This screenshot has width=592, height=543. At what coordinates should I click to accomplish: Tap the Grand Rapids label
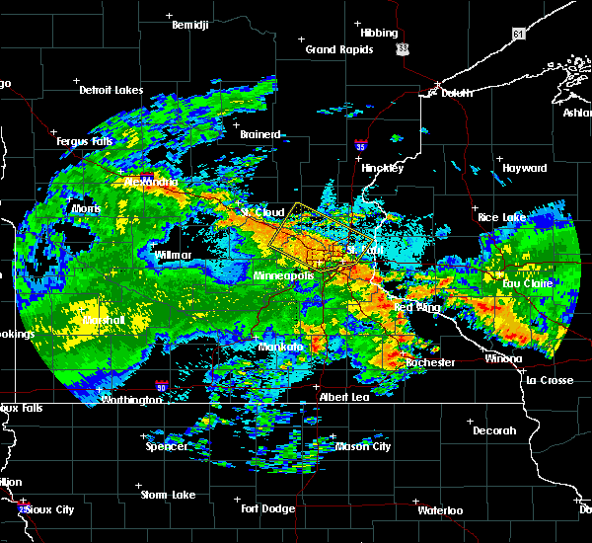(x=338, y=49)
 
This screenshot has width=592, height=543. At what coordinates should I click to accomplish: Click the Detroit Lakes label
(x=111, y=91)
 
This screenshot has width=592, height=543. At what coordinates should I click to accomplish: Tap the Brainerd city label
(x=260, y=134)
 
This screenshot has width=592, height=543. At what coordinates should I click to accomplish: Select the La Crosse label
(x=550, y=380)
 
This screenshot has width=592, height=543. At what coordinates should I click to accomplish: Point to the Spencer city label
(x=167, y=446)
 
